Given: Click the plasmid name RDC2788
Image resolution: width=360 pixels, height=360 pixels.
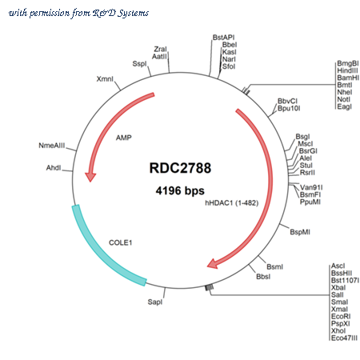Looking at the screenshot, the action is point(180,168).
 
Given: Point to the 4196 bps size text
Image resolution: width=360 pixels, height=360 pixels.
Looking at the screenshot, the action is point(180,190).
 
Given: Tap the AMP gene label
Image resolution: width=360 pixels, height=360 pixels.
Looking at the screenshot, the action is point(124,138).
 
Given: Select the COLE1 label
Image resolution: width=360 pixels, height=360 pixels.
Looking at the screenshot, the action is point(121,242).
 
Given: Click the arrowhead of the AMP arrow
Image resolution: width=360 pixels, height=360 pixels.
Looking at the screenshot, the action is point(90,177).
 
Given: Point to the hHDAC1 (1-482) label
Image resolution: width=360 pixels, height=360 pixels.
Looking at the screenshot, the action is point(232,203).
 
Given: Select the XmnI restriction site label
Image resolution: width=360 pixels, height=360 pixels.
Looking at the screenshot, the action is point(105,79).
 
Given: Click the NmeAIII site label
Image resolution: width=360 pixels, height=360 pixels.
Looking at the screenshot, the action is point(52,146).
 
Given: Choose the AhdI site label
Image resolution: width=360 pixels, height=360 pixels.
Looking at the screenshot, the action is point(54,168).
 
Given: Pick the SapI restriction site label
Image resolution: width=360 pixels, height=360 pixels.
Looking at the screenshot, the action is point(155,302).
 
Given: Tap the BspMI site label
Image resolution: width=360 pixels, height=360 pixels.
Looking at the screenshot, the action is point(300,232).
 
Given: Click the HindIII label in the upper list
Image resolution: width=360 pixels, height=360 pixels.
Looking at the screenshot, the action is point(347,70).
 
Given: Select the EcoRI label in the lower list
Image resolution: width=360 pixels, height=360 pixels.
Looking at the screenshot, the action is point(341,316).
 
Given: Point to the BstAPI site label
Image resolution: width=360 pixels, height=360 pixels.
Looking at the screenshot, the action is point(223,38).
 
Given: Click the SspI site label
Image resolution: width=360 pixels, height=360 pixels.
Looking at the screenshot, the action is point(139,64).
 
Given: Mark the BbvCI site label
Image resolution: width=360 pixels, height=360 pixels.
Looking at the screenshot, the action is point(287,101).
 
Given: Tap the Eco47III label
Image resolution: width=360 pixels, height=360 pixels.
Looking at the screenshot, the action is point(344,338).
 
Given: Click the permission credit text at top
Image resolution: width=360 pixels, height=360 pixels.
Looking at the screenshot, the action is point(78,13).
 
